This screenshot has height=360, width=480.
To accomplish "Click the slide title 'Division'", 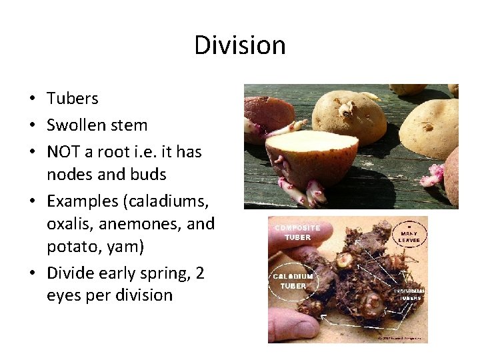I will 240,45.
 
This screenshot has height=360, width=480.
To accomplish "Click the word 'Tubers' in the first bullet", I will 72,99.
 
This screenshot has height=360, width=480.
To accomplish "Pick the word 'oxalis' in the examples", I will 68,224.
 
